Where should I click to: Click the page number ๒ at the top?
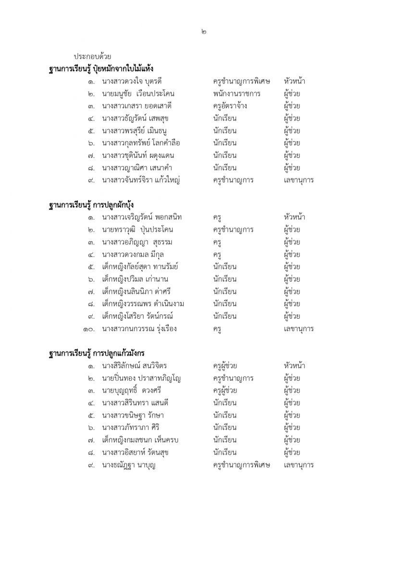pyautogui.click(x=204, y=32)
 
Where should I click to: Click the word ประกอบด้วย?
pyautogui.click(x=93, y=57)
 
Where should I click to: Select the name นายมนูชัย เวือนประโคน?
pyautogui.click(x=138, y=94)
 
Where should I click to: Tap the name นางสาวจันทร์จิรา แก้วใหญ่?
pyautogui.click(x=141, y=180)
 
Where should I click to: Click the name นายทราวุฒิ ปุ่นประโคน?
pyautogui.click(x=137, y=230)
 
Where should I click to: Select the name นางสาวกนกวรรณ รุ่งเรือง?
pyautogui.click(x=139, y=329)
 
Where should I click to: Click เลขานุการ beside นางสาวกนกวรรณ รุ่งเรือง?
pyautogui.click(x=298, y=329)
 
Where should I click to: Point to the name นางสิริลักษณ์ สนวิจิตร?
pyautogui.click(x=134, y=366)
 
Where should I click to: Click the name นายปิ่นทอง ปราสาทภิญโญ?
pyautogui.click(x=141, y=378)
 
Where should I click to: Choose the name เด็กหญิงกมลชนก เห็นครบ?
pyautogui.click(x=140, y=440)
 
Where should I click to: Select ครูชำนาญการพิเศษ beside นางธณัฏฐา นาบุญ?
pyautogui.click(x=241, y=465)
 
